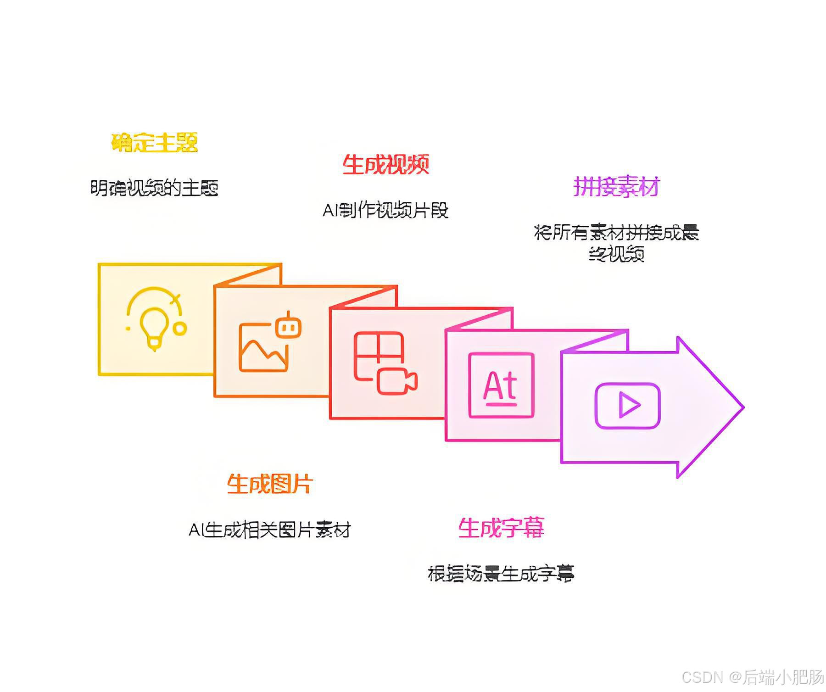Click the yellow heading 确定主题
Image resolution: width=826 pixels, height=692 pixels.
[154, 143]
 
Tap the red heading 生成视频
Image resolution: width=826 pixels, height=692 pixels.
[385, 165]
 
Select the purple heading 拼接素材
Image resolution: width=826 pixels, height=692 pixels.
[616, 187]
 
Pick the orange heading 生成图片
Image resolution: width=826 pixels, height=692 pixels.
[270, 484]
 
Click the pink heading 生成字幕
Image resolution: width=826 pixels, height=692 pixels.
[501, 528]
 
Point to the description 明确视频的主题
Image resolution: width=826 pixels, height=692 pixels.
[154, 188]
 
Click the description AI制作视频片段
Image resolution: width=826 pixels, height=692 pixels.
[385, 210]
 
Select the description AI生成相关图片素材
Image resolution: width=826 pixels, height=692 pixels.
[270, 530]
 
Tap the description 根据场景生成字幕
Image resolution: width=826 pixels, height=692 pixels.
[501, 574]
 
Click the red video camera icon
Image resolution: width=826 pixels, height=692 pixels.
[396, 381]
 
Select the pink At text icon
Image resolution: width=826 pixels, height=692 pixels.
[501, 385]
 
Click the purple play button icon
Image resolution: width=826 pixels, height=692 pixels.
[628, 406]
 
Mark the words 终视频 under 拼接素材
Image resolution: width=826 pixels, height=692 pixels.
[616, 254]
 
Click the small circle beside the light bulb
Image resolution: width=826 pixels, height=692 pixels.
[180, 329]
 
